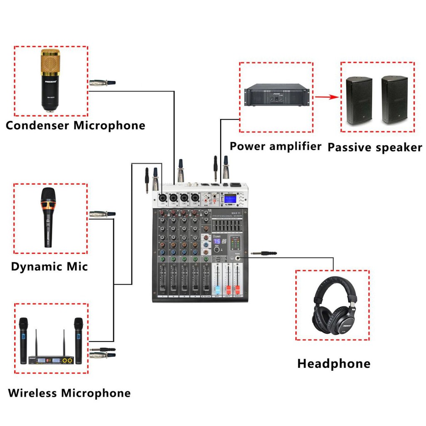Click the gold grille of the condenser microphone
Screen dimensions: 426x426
pos(50,61)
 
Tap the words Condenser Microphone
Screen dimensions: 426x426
pos(75,125)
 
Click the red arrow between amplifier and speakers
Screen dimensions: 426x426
pos(325,97)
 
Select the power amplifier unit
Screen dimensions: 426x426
pos(277,95)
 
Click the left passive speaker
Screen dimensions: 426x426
pos(359,100)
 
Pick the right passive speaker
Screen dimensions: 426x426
pos(394,100)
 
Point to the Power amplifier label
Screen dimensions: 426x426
pos(275,146)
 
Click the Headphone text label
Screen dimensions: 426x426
pos(334,364)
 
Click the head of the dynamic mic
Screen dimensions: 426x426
pos(48,195)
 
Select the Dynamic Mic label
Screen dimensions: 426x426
pos(50,266)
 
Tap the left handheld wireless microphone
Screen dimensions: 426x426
pos(23,339)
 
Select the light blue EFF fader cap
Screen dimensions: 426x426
pos(217,289)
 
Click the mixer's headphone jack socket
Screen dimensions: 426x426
pos(238,258)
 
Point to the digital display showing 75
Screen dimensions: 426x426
pos(217,241)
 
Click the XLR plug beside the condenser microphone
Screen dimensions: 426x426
pos(102,83)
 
